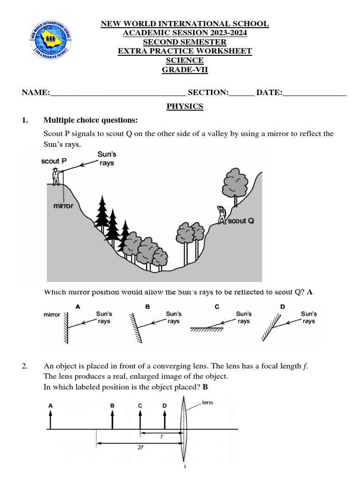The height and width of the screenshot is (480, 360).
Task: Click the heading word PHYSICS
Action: [185, 106]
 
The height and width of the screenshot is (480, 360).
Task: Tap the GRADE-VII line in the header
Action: [185, 70]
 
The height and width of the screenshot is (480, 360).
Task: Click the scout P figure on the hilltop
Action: [56, 177]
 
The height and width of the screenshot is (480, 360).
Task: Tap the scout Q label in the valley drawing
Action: [241, 220]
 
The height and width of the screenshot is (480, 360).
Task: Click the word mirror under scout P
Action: [63, 206]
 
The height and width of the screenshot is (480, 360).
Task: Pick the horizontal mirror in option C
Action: [206, 330]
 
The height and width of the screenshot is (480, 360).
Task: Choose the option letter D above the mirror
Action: [282, 307]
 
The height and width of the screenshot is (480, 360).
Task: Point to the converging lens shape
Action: [184, 429]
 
